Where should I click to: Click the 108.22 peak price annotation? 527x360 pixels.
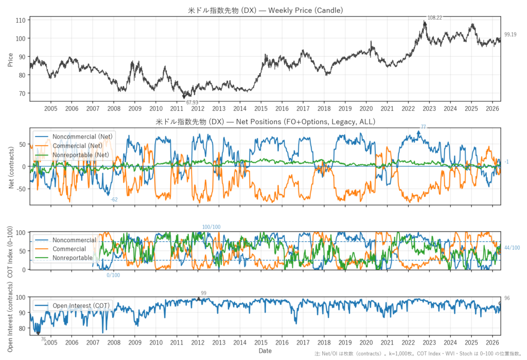(434, 18)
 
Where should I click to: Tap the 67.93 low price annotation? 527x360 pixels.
(192, 102)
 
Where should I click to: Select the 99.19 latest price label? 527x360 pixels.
(510, 35)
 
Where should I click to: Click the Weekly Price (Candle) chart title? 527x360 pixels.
(266, 10)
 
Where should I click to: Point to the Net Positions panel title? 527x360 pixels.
(266, 122)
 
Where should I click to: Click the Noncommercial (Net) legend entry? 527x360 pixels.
(74, 136)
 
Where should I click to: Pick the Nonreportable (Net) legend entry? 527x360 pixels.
(72, 155)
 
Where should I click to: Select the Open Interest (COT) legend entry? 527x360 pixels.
(72, 305)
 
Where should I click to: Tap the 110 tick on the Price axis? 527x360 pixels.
(21, 20)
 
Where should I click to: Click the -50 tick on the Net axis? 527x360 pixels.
(21, 189)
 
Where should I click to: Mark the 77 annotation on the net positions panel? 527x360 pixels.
(423, 127)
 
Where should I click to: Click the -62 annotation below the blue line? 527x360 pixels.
(114, 199)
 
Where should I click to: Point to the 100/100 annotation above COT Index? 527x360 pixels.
(211, 227)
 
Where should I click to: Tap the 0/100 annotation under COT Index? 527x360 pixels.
(113, 275)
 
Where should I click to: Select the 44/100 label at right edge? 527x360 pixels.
(512, 248)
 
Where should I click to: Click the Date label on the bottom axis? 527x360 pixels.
(265, 351)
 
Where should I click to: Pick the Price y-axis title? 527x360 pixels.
(10, 60)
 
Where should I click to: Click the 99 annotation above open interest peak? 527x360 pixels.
(203, 294)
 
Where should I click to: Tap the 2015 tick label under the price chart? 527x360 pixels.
(261, 108)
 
